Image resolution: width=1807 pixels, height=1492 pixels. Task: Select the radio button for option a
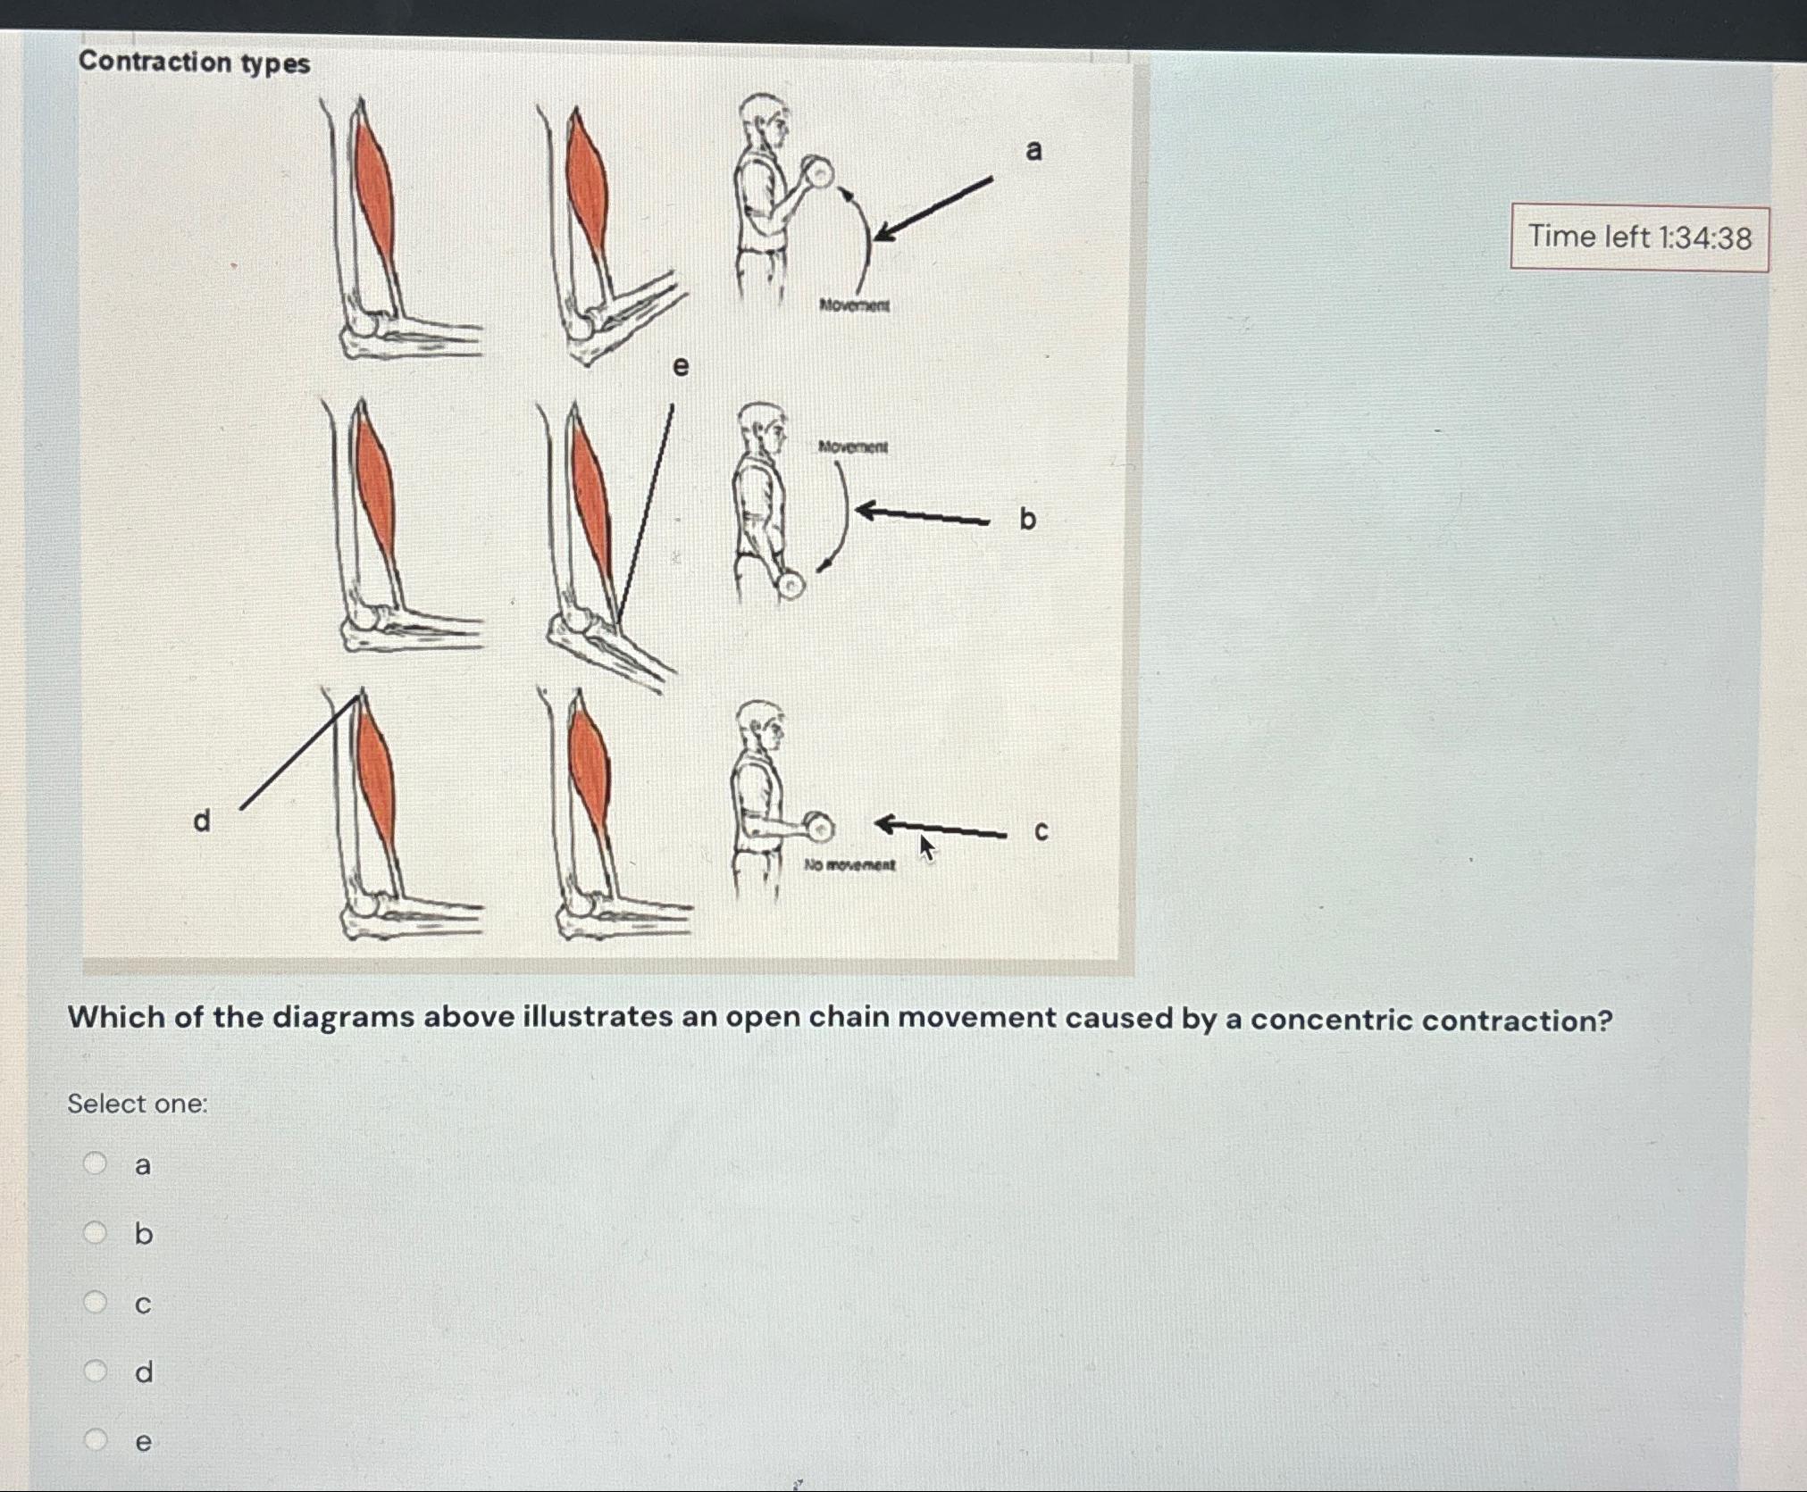click(x=95, y=1163)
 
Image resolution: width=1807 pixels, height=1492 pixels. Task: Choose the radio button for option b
click(x=95, y=1232)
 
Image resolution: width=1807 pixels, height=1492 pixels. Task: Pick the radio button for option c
click(x=95, y=1302)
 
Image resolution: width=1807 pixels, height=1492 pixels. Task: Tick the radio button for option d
click(x=95, y=1371)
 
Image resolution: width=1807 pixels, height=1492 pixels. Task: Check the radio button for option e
click(x=95, y=1439)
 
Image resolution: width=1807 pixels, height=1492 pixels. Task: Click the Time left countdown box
click(x=1639, y=238)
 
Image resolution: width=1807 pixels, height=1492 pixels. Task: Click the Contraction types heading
click(x=194, y=63)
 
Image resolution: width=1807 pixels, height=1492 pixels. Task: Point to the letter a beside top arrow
click(x=1033, y=150)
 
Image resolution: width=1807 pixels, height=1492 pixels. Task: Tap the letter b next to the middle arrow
click(x=1027, y=519)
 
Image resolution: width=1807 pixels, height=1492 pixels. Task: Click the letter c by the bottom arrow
click(x=1041, y=832)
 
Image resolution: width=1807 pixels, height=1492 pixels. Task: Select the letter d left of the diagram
click(x=203, y=820)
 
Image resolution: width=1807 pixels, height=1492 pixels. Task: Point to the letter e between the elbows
click(x=681, y=366)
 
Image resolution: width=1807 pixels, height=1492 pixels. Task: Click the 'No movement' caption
click(x=849, y=864)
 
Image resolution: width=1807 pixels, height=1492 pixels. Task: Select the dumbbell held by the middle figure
click(x=791, y=585)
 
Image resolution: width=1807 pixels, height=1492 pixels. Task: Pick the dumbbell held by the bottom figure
click(x=818, y=828)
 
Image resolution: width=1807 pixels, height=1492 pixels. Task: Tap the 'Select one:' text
click(x=138, y=1104)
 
